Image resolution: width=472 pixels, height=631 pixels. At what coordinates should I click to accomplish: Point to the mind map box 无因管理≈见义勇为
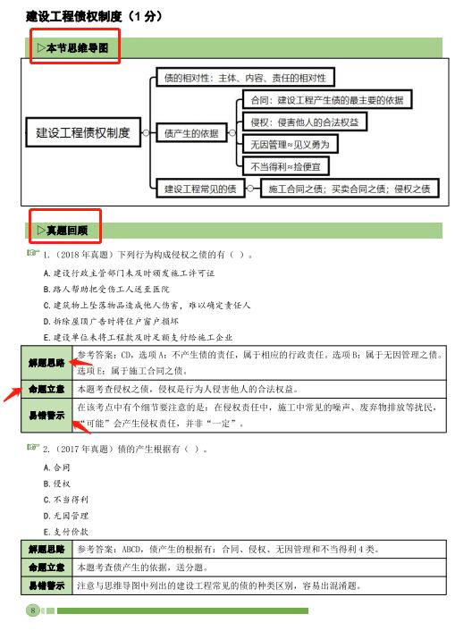(294, 143)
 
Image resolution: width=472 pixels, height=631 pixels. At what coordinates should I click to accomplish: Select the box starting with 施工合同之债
(350, 188)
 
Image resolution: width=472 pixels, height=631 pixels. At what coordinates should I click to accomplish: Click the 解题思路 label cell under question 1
(46, 361)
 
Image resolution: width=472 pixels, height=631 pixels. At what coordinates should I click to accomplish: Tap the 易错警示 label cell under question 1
(46, 415)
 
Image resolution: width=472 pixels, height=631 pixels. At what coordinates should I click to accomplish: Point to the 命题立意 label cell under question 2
(46, 567)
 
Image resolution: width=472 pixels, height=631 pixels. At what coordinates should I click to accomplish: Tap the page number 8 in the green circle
(33, 610)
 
